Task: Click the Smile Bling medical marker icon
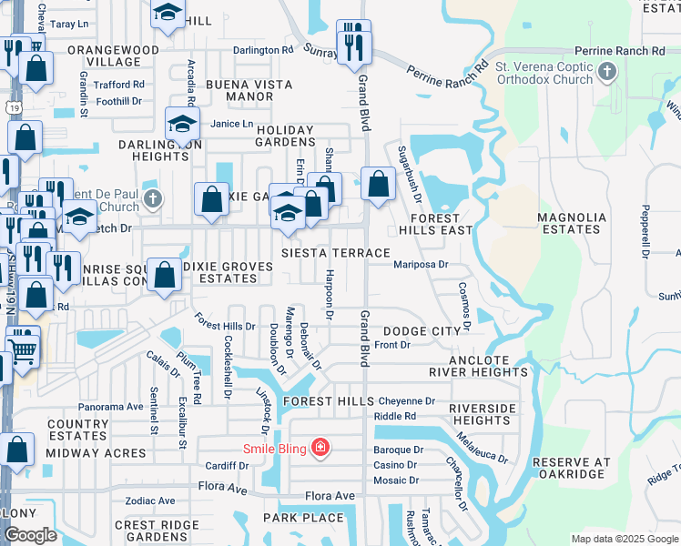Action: click(320, 448)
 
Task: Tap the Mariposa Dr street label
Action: click(422, 265)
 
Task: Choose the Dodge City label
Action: click(422, 332)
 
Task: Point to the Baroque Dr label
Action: click(399, 450)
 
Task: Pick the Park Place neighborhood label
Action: click(304, 518)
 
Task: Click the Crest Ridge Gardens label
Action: click(158, 531)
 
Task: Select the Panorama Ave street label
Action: click(111, 407)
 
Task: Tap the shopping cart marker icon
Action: click(23, 347)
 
